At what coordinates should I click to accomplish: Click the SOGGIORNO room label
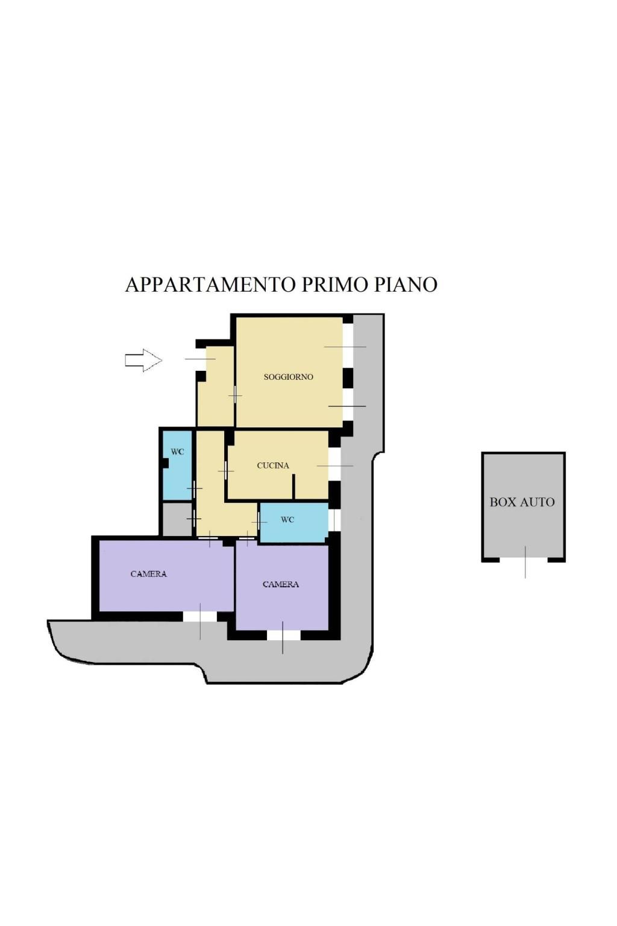coord(288,377)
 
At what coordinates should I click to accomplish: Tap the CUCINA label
coord(273,465)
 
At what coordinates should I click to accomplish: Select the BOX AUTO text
coord(522,502)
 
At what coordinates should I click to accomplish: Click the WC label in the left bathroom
coord(177,452)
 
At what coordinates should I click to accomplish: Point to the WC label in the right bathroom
coord(287,520)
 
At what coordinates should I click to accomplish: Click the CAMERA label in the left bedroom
coord(148,574)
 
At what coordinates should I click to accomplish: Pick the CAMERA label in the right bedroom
coord(281,584)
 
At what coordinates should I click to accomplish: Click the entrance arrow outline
coord(143,360)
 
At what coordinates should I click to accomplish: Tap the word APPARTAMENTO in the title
coord(211,285)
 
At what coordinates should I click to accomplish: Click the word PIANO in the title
coord(406,285)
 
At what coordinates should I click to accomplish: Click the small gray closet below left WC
coord(177,519)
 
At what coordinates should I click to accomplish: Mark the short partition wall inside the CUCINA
coord(293,486)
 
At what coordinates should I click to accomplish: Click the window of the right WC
coord(334,520)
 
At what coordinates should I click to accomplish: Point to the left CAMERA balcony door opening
coord(200,616)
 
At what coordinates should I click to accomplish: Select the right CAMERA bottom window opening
coord(284,635)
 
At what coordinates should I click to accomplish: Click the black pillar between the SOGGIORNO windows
coord(348,378)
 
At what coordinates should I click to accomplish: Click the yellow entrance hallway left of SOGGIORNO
coord(216,386)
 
